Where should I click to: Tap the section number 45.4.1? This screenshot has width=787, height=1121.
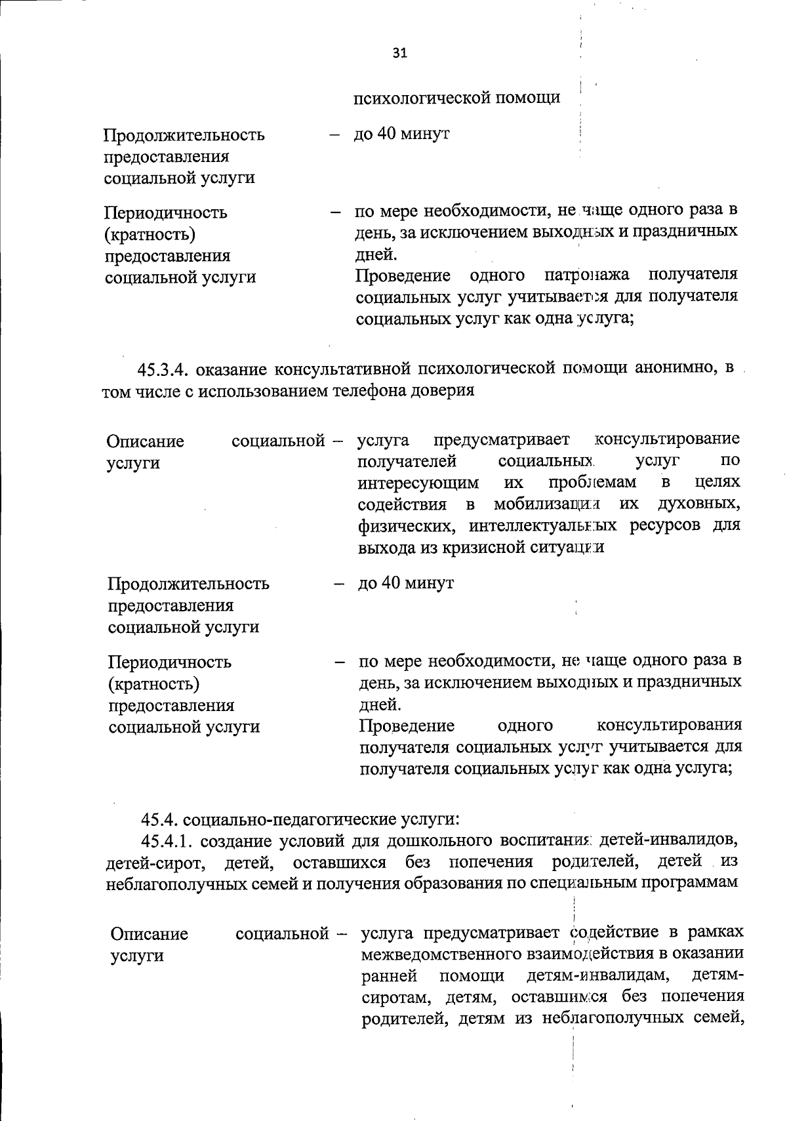point(168,840)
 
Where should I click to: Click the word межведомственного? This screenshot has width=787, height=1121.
point(439,954)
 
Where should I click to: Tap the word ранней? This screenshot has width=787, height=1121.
point(390,975)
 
